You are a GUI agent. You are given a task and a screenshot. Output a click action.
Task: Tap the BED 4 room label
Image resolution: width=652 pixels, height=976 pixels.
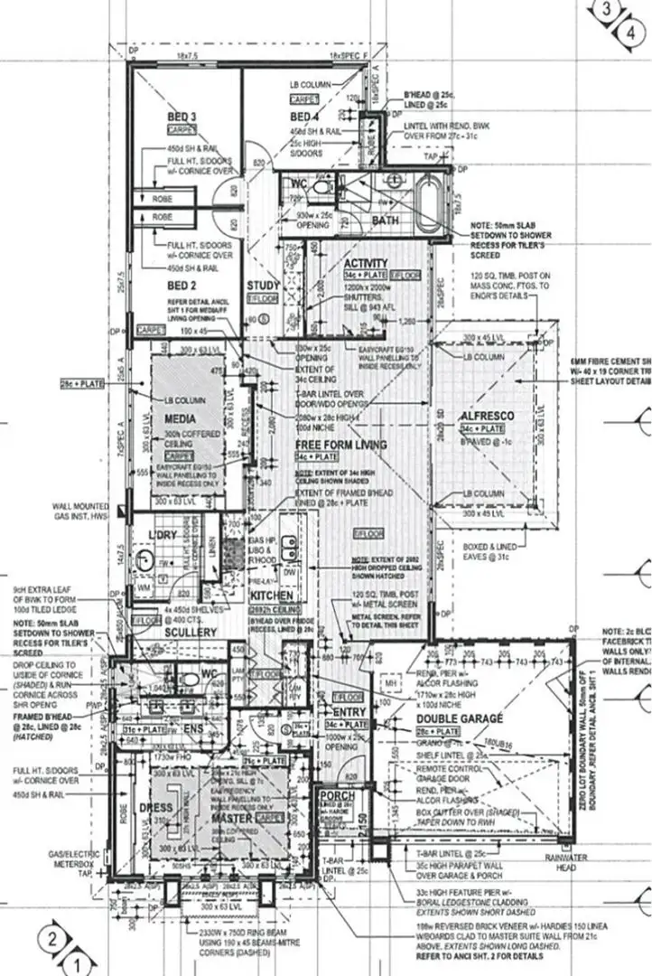[304, 117]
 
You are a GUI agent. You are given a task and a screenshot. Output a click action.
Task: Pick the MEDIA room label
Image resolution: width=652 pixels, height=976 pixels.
[181, 419]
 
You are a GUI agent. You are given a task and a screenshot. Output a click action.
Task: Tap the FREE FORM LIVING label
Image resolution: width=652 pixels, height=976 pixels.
[340, 445]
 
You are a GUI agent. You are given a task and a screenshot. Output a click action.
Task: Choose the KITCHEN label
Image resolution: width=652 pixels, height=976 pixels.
[272, 597]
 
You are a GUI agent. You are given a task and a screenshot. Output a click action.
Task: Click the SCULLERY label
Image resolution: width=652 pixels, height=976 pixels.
[189, 633]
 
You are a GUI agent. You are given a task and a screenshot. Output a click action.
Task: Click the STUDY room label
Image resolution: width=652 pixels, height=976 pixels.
[262, 287]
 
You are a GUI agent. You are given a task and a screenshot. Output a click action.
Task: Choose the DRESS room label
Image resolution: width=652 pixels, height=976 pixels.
[155, 809]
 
